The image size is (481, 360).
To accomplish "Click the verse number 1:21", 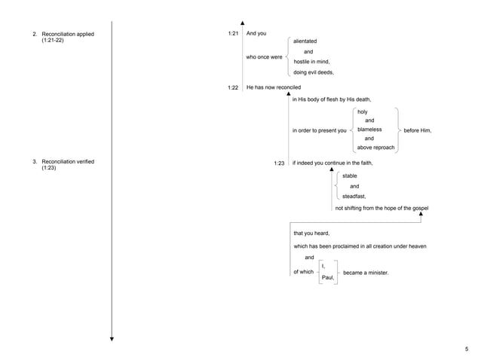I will (x=233, y=34).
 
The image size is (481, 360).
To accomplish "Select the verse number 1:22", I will (x=233, y=87).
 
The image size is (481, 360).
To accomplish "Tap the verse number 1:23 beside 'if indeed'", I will (x=279, y=163).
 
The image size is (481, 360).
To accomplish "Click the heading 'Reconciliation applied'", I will (x=67, y=34).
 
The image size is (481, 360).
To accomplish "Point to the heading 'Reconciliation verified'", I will (x=68, y=161).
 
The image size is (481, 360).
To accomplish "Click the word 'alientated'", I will (x=305, y=40).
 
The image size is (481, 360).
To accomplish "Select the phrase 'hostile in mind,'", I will (x=311, y=62).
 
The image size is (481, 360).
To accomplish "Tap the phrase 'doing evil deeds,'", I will (x=313, y=72).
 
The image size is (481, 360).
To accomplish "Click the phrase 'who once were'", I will (x=264, y=56).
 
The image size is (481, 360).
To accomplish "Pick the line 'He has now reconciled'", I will (x=273, y=87).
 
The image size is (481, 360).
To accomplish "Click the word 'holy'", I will (x=362, y=111).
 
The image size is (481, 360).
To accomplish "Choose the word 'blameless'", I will (x=369, y=130).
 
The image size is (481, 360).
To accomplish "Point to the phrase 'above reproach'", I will (x=375, y=148).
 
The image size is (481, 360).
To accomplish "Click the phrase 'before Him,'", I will (x=417, y=130).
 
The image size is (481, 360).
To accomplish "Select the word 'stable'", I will (x=349, y=175).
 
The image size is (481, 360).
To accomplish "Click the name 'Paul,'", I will (x=327, y=278).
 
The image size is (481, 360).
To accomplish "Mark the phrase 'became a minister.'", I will (x=366, y=272).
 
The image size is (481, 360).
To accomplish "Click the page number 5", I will (x=467, y=349).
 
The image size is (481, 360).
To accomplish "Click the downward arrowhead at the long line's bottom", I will (x=112, y=340).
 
